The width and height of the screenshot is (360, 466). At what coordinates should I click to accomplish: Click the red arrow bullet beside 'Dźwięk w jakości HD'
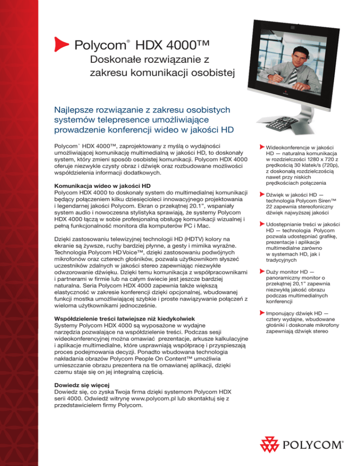262,194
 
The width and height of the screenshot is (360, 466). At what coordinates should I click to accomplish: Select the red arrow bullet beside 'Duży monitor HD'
262,271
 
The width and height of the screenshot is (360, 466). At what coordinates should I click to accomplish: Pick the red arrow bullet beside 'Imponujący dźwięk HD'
262,311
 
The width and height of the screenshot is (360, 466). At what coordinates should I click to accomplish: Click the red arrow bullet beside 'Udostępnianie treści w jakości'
262,224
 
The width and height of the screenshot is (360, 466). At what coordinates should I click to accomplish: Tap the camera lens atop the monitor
295,21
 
